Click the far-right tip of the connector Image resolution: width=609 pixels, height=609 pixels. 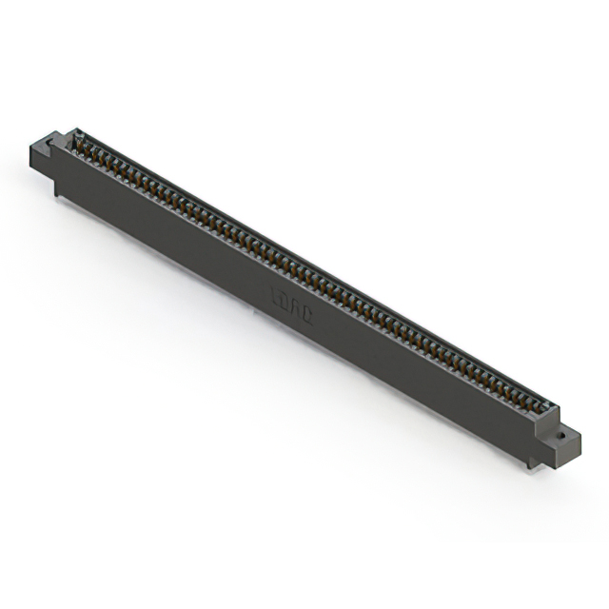[580, 440]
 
